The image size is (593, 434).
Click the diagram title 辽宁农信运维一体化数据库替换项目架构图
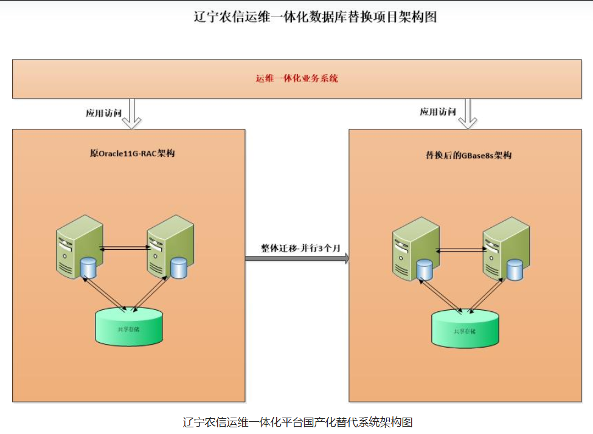(315, 17)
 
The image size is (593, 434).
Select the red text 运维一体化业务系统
(297, 79)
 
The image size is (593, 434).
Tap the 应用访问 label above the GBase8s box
(437, 112)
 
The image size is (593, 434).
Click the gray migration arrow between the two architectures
(297, 259)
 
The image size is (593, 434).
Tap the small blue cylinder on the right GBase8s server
(515, 270)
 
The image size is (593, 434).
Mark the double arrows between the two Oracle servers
(125, 247)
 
